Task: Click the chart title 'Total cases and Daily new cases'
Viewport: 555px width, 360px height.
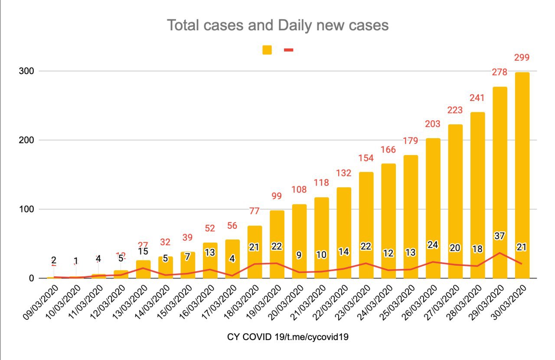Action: [277, 25]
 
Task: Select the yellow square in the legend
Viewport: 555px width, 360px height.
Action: [267, 50]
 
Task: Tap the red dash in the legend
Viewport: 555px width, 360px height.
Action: [288, 50]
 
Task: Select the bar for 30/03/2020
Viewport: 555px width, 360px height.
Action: [522, 173]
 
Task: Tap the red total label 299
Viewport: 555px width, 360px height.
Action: [522, 58]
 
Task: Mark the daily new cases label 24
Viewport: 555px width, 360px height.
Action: [433, 244]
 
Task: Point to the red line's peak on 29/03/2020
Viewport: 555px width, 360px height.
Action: [500, 253]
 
